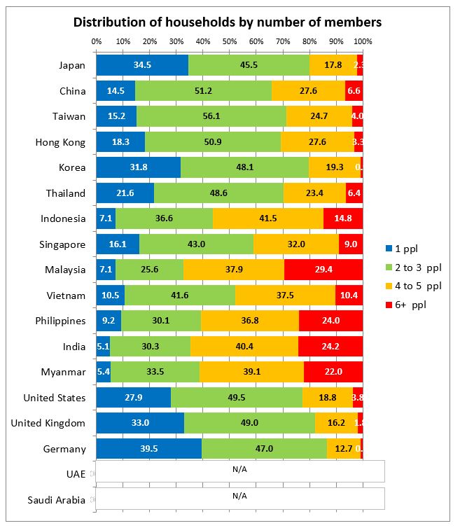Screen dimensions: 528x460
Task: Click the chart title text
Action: point(228,22)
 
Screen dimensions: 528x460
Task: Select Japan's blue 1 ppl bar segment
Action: point(142,65)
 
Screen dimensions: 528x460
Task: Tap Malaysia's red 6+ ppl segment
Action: point(323,270)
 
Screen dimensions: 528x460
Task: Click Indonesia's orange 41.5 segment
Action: point(268,218)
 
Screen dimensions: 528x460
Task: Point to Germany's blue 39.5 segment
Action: point(148,449)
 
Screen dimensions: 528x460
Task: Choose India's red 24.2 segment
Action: point(330,347)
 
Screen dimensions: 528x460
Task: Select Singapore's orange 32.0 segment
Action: point(296,244)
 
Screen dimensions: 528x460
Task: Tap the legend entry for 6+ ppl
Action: point(410,305)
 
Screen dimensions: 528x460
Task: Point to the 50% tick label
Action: point(230,40)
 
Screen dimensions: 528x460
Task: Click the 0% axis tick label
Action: point(97,40)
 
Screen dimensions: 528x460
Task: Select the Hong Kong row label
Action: point(60,142)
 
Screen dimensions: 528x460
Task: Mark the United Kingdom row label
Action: point(48,423)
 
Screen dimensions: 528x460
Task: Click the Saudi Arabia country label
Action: point(56,500)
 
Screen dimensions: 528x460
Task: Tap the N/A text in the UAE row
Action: point(239,471)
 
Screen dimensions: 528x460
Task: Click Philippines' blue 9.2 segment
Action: point(109,321)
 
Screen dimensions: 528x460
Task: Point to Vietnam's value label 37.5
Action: point(285,296)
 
